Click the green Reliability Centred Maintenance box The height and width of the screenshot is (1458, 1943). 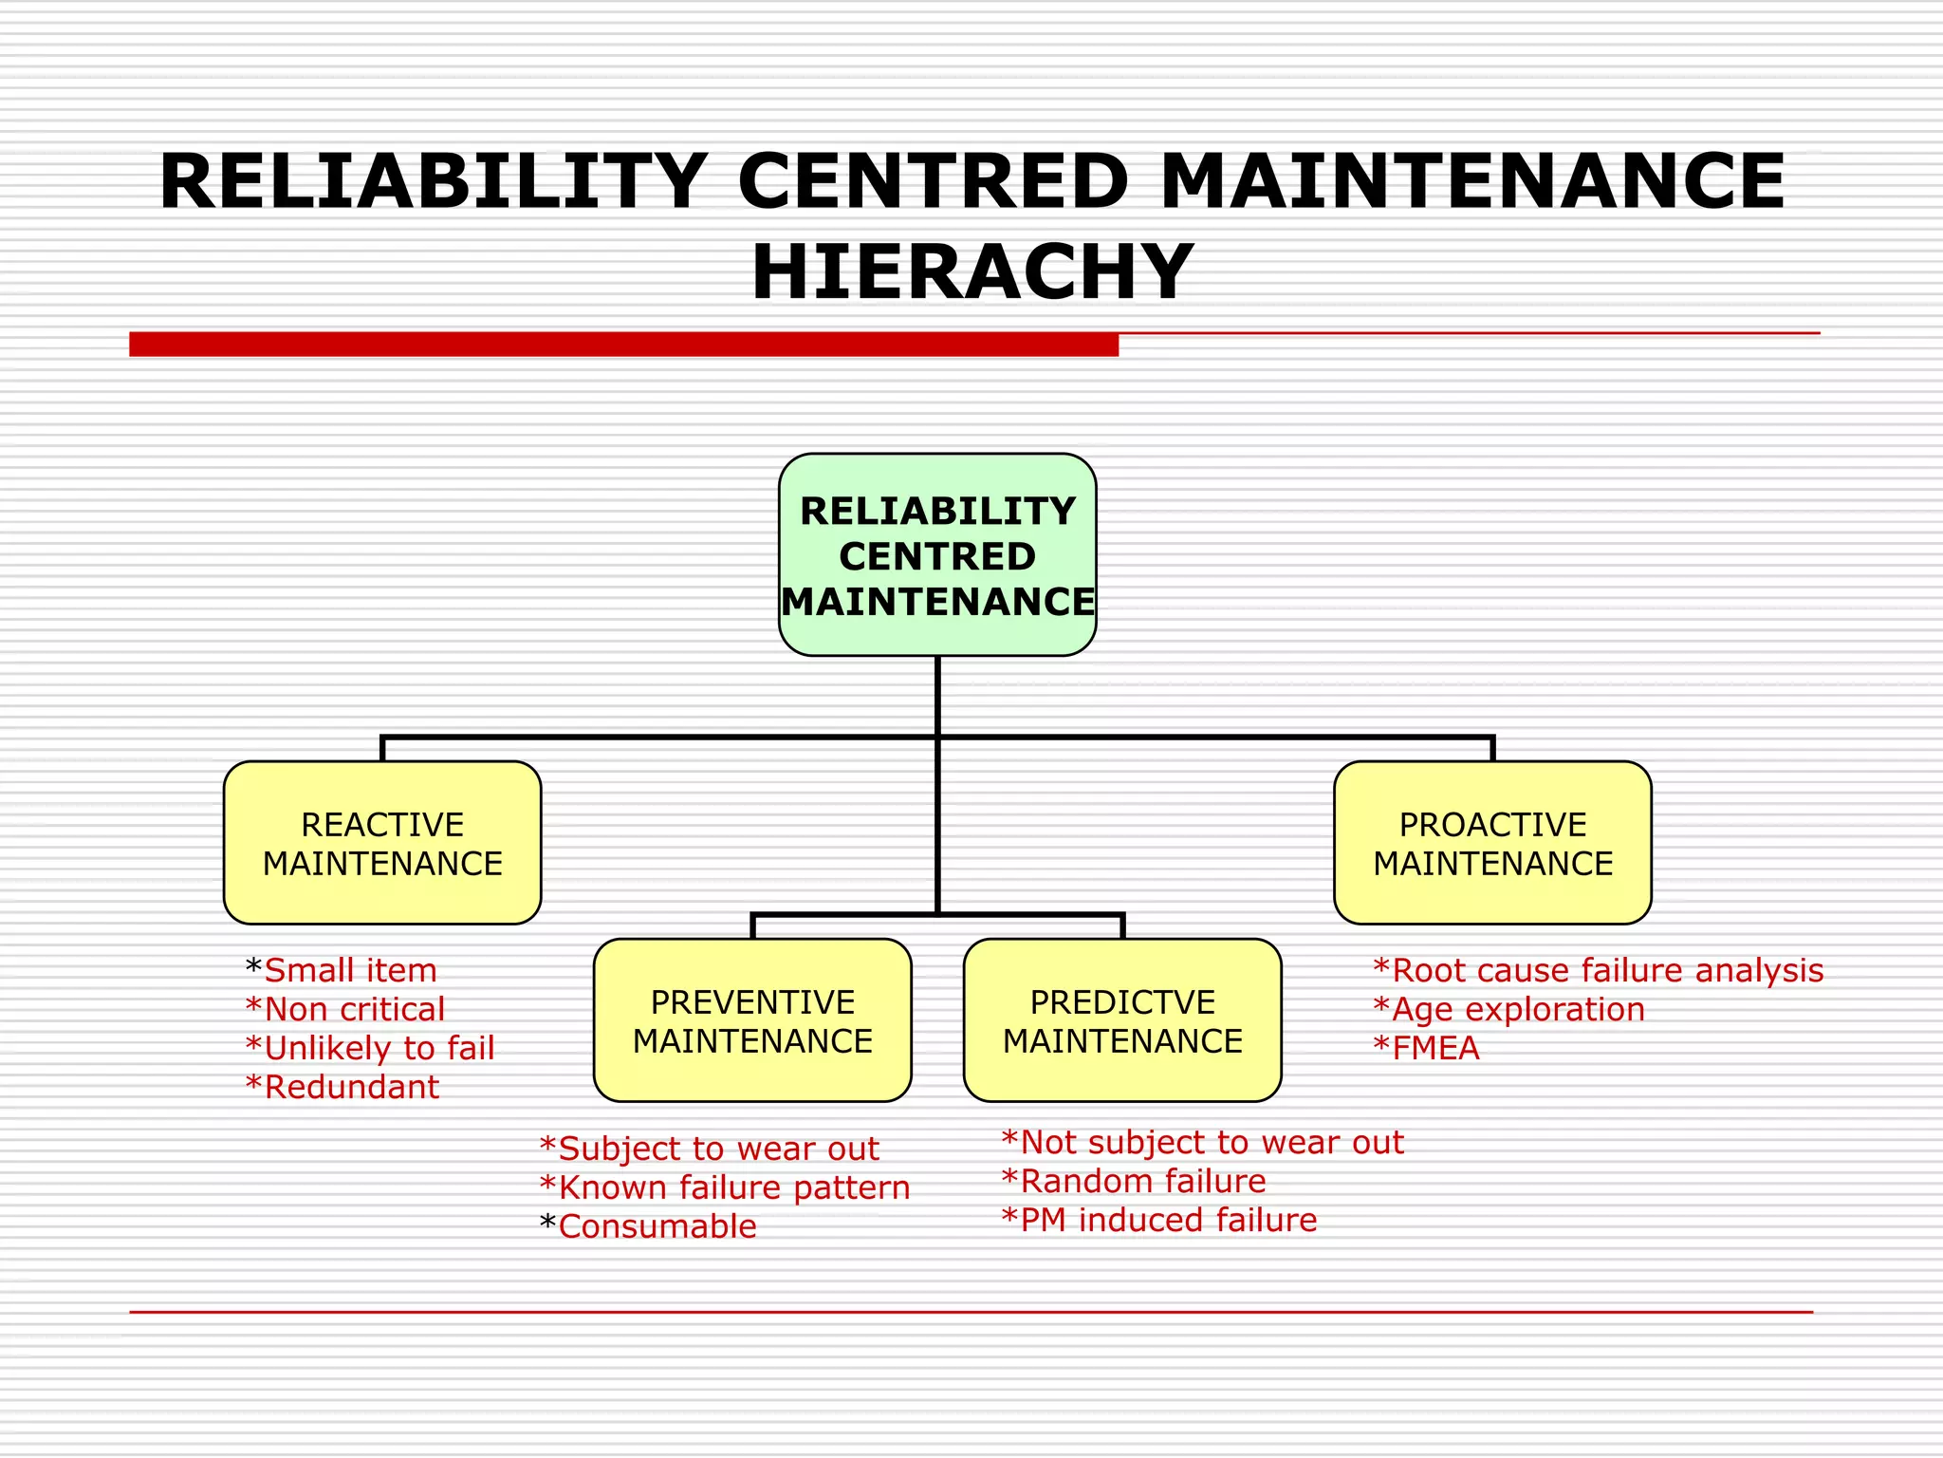(937, 555)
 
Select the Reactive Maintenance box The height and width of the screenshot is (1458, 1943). (382, 843)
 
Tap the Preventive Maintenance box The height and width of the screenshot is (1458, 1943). (752, 1020)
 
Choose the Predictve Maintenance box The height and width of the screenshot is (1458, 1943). (1122, 1020)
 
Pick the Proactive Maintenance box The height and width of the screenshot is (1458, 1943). (1492, 843)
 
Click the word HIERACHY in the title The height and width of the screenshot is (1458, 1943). (972, 272)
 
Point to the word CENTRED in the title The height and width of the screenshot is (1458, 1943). (934, 181)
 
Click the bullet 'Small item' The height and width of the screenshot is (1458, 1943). (350, 970)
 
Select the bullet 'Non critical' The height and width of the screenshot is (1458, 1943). (354, 1009)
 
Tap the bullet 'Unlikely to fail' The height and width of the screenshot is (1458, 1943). (379, 1048)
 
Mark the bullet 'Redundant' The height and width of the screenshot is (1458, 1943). (351, 1087)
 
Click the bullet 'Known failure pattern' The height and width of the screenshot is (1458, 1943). (733, 1187)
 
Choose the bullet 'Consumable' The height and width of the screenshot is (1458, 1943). (657, 1226)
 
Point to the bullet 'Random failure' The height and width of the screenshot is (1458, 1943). (1142, 1181)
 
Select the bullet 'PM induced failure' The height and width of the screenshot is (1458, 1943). (1168, 1220)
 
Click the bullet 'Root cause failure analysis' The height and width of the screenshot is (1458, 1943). (1606, 970)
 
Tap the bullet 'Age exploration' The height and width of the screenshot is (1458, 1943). (1517, 1009)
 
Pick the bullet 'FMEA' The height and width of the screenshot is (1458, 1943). (1434, 1048)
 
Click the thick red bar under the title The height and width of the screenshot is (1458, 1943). (623, 344)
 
